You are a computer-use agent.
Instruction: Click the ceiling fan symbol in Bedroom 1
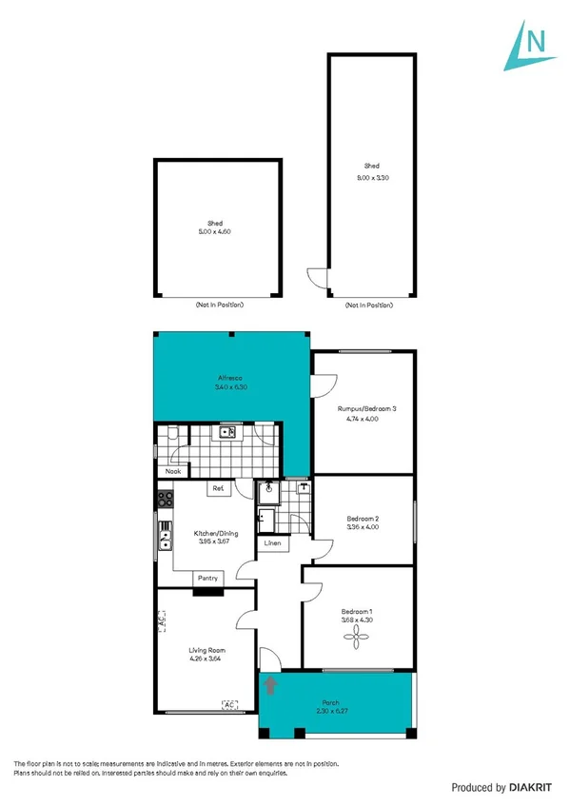(x=358, y=642)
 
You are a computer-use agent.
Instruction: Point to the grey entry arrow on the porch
(x=271, y=683)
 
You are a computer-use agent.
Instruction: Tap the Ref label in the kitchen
(x=218, y=489)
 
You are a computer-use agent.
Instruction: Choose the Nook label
(x=173, y=471)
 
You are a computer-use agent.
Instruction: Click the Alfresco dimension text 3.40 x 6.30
(x=231, y=387)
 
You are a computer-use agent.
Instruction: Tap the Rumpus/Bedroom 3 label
(x=366, y=408)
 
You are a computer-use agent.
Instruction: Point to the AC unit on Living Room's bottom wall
(x=228, y=704)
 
